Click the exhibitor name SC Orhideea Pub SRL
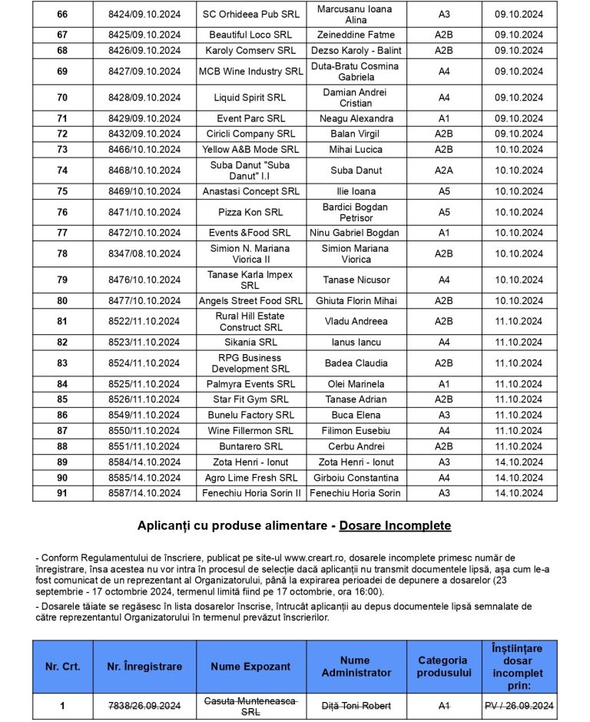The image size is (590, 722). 251,15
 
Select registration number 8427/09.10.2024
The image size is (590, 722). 144,71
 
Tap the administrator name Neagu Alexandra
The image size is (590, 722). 356,118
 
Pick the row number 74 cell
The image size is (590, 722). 62,171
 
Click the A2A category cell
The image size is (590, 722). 444,171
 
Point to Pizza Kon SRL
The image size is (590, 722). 251,212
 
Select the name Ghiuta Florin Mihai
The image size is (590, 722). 356,300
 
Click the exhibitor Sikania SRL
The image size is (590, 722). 251,342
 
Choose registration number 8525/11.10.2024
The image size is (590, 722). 144,384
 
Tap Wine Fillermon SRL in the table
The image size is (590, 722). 251,431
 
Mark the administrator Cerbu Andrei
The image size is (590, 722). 356,446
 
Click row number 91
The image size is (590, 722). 62,493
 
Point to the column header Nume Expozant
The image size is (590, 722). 251,667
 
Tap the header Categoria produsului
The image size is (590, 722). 442,667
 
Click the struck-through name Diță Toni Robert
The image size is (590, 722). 356,706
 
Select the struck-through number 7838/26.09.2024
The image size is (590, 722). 144,706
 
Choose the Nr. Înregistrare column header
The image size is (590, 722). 144,667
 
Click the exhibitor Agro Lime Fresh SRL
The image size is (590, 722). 251,478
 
